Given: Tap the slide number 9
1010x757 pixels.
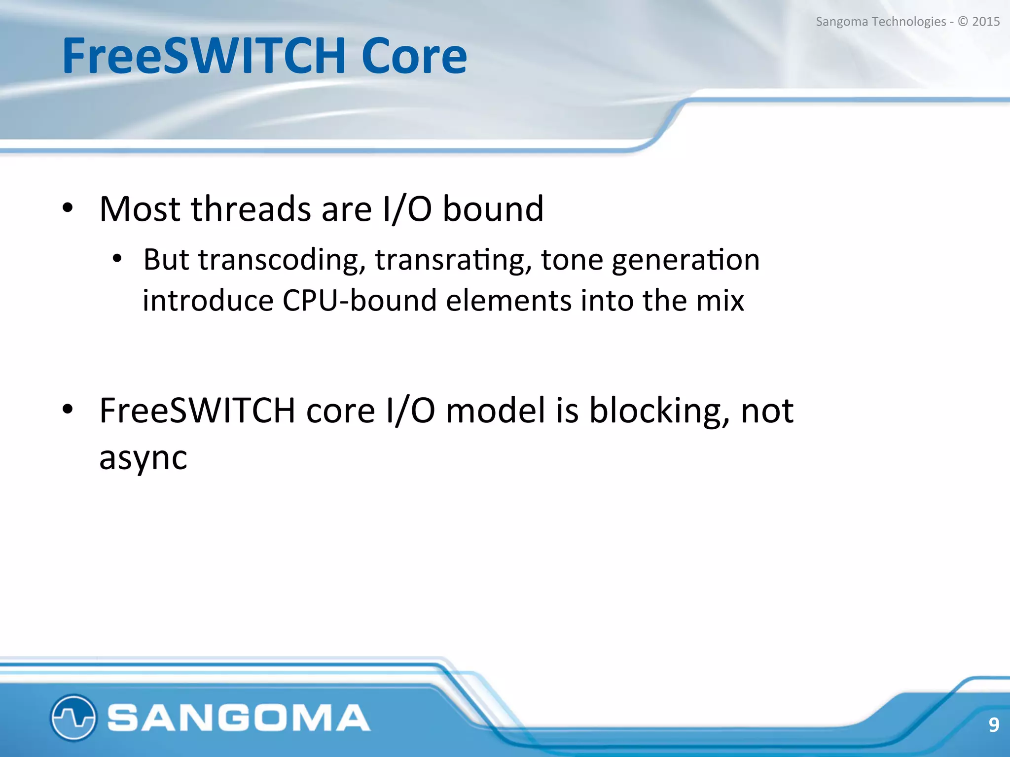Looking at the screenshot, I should (x=993, y=724).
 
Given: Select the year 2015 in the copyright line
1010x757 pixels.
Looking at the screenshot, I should (x=985, y=22).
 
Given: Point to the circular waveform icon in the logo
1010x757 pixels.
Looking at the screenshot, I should (x=73, y=717).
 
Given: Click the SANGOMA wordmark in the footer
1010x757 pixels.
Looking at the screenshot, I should (x=239, y=718).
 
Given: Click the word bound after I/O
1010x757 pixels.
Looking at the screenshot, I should (x=493, y=209).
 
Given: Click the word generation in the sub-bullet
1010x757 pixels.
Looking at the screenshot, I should (x=685, y=260).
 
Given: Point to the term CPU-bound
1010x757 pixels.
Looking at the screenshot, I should (x=360, y=301).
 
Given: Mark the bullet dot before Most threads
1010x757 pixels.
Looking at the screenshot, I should (x=68, y=208).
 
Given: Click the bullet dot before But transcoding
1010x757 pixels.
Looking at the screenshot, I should (x=117, y=258).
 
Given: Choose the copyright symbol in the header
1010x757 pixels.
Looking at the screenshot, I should (x=962, y=22).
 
